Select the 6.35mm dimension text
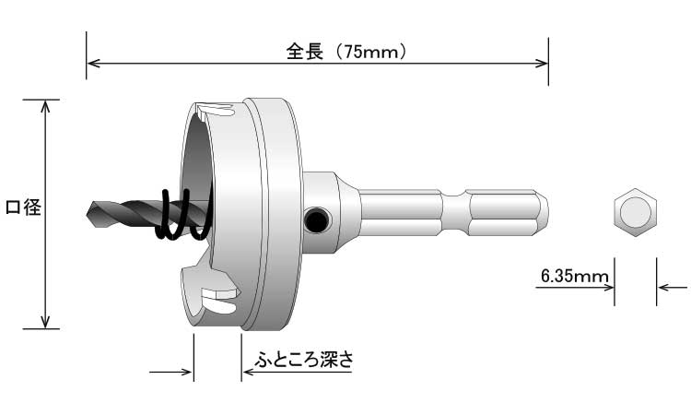(x=568, y=276)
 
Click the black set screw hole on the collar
(x=316, y=219)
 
